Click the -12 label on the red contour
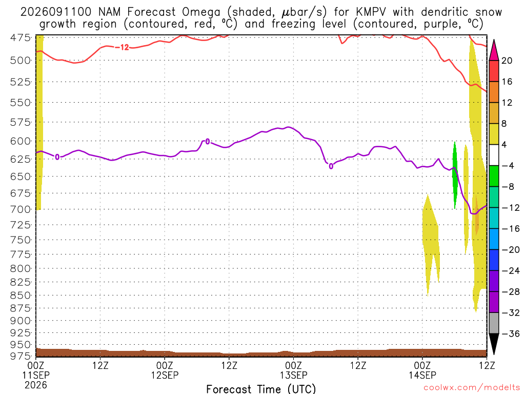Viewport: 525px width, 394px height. pyautogui.click(x=122, y=48)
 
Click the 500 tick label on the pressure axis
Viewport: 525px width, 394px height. pyautogui.click(x=21, y=61)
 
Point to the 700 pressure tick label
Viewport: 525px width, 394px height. pyautogui.click(x=21, y=210)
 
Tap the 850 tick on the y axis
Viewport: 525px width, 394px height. pyautogui.click(x=21, y=295)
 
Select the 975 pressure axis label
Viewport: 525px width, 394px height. pyautogui.click(x=21, y=356)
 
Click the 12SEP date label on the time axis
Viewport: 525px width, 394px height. pyautogui.click(x=165, y=375)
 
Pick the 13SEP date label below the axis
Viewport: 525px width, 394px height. pyautogui.click(x=294, y=375)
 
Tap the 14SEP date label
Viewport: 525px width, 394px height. pyautogui.click(x=422, y=375)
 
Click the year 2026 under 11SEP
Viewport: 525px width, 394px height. pyautogui.click(x=36, y=385)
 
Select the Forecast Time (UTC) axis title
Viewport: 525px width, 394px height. pyautogui.click(x=261, y=389)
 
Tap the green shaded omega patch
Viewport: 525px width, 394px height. pyautogui.click(x=455, y=175)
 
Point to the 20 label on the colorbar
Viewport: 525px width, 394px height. pyautogui.click(x=507, y=61)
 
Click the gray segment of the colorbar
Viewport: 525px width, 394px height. pyautogui.click(x=494, y=323)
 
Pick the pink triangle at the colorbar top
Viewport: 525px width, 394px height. pyautogui.click(x=494, y=51)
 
